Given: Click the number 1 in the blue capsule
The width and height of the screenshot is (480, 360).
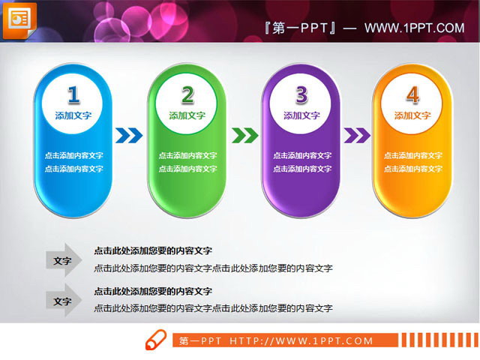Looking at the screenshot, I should click(73, 94).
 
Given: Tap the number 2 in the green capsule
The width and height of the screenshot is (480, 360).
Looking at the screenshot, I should click(187, 94).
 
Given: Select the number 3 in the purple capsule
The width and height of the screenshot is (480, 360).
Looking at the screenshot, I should click(301, 94).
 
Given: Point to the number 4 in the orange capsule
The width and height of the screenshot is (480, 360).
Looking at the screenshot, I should click(412, 94).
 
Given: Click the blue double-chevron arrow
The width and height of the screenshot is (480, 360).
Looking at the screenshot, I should click(128, 136).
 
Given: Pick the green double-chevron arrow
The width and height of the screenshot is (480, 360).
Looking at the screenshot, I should click(242, 136).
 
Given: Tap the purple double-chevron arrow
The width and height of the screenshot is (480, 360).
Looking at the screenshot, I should click(356, 136).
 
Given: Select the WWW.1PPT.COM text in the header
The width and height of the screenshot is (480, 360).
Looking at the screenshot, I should click(414, 28).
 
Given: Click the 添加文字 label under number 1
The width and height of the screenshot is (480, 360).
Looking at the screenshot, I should click(73, 115).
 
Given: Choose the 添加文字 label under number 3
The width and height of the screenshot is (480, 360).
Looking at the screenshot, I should click(301, 115).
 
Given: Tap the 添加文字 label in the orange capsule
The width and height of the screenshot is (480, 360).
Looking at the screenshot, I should click(412, 115).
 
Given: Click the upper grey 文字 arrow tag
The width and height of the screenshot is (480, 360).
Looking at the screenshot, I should click(64, 261).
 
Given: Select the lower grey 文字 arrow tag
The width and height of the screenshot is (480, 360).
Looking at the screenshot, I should click(64, 301).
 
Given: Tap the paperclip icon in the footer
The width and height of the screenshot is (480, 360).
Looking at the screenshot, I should click(155, 341).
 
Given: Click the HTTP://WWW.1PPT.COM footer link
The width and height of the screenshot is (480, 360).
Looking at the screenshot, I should click(301, 341).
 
